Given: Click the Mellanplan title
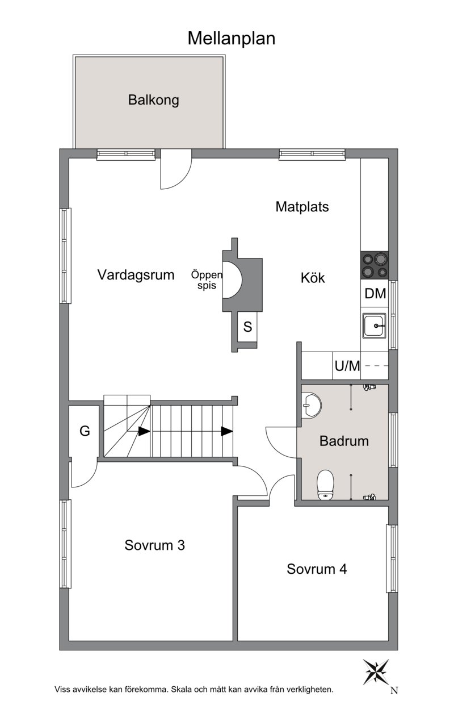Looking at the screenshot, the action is [231, 38].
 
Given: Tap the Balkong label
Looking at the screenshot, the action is [153, 100].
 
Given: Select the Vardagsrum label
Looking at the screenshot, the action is [136, 275].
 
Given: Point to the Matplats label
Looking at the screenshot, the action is [302, 207].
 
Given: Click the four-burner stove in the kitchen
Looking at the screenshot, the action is [375, 265].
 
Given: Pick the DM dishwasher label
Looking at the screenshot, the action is [375, 293].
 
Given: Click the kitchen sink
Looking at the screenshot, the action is [375, 326].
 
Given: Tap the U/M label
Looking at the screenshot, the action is [347, 366].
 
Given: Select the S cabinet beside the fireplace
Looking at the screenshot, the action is [248, 327].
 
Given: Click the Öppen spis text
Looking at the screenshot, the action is [207, 280].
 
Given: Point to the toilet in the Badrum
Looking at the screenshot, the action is [325, 485].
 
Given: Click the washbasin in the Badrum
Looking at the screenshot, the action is [311, 406].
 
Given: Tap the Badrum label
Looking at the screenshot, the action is [344, 441].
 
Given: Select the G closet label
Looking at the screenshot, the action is [85, 431].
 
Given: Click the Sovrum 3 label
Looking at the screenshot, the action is [154, 545].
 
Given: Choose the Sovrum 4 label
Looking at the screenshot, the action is [316, 569].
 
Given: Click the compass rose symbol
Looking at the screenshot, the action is [376, 672].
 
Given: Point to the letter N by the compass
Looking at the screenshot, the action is [394, 691].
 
